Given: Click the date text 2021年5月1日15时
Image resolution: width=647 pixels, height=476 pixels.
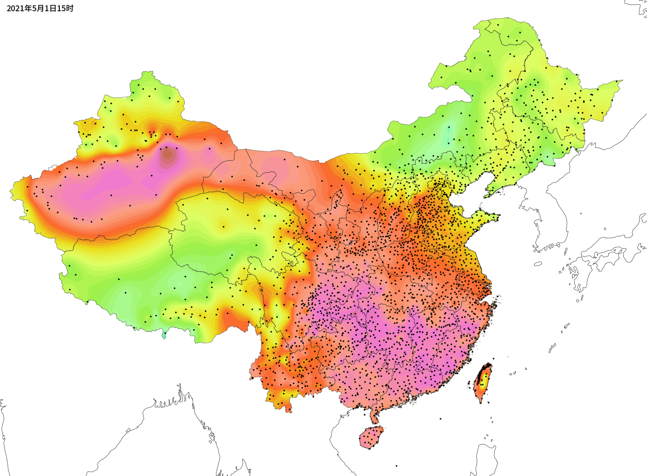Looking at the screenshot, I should pos(40,8).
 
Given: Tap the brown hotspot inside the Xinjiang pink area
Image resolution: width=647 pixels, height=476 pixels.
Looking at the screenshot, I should pos(167,154).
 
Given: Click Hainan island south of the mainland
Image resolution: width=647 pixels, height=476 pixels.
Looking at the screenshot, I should pos(371,437).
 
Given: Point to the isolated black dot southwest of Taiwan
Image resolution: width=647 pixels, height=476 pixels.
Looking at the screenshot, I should pos(440,419).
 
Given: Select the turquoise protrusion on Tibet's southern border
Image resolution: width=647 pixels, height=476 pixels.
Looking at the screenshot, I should pos(164,335).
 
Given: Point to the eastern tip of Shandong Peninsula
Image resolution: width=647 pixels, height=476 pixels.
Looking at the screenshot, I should pos(498,218).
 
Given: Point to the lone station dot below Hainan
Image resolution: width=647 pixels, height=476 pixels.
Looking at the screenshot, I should pos(397,465).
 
